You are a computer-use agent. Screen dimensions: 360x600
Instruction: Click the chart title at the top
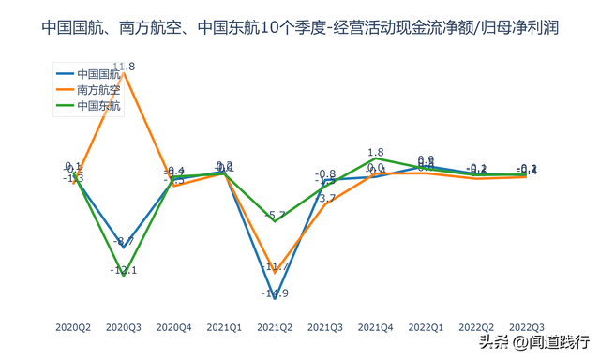click(300, 28)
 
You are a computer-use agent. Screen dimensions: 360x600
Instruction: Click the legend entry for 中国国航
click(98, 73)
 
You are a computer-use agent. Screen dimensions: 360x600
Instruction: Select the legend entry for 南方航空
click(98, 90)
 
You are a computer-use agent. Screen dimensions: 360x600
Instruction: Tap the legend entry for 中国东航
click(98, 106)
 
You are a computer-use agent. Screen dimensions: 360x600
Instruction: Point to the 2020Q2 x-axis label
click(73, 327)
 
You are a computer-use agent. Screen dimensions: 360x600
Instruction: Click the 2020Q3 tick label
click(124, 327)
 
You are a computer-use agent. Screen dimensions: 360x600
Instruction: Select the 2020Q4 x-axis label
click(173, 327)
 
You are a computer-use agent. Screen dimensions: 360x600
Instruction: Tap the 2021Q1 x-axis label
click(224, 327)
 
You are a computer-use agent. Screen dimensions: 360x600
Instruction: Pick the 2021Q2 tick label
click(274, 327)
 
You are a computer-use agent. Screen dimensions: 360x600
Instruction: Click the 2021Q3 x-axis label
click(324, 327)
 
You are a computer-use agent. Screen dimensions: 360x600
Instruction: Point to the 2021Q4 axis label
click(375, 327)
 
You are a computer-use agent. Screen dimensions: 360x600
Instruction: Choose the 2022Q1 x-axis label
click(425, 327)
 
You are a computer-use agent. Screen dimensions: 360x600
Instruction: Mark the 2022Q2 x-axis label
click(475, 327)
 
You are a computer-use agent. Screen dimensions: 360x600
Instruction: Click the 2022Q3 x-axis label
click(526, 327)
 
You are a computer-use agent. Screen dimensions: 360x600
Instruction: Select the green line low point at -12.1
click(124, 276)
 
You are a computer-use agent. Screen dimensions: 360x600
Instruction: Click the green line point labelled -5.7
click(274, 221)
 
